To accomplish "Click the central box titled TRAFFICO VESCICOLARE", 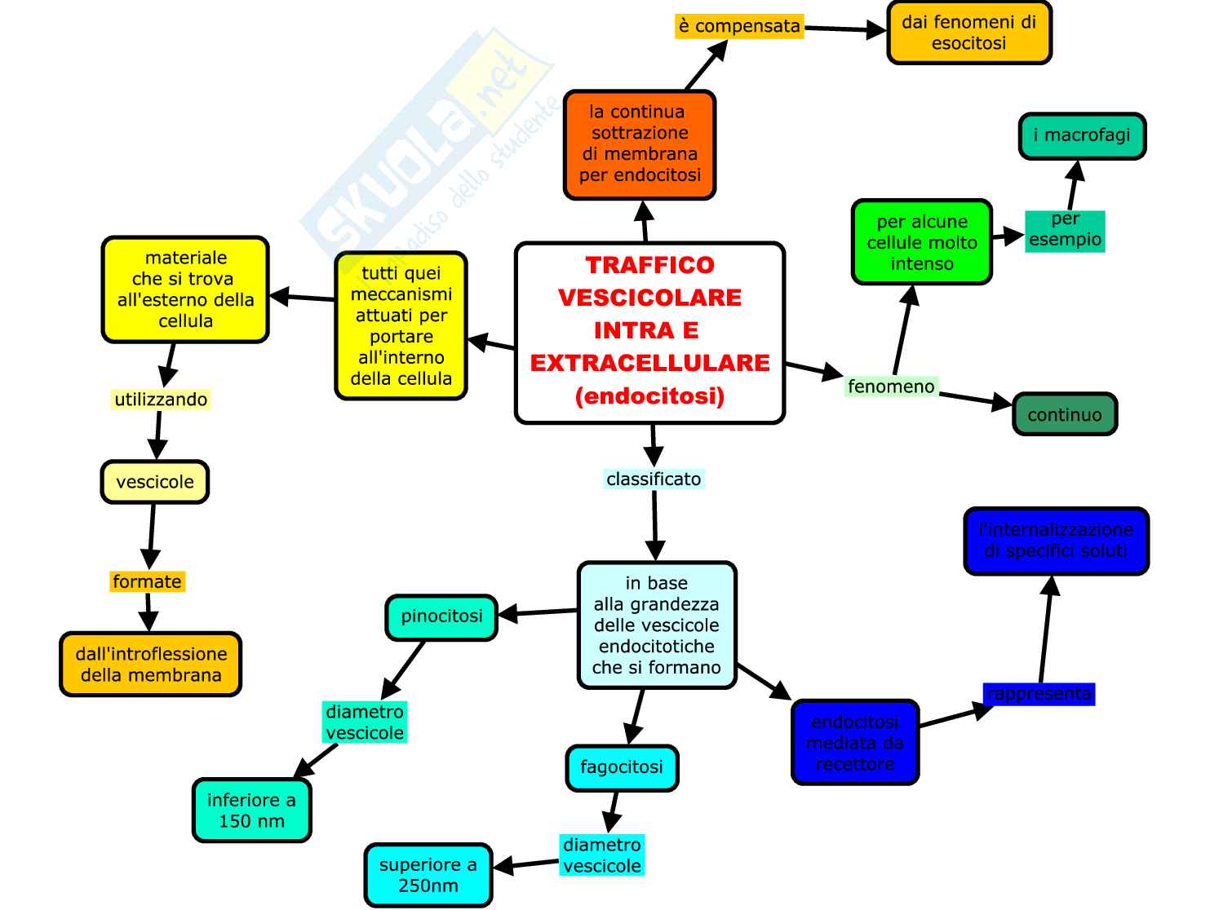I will point(649,332).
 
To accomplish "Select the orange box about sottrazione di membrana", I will point(640,144).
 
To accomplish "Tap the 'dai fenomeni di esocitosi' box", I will point(968,33).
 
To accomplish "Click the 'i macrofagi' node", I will point(1082,135).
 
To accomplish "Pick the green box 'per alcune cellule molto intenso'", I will point(921,242).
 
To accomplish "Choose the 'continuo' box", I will point(1064,414).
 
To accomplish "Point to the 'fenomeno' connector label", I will point(891,387).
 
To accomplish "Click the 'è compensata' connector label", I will point(739,26).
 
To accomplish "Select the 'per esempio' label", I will point(1065,230).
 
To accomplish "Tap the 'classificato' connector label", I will point(654,479).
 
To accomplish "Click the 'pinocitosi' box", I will point(441,616).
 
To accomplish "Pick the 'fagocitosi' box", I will point(622,767).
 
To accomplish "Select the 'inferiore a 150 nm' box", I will point(251,811).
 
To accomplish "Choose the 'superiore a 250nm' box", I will point(428,875).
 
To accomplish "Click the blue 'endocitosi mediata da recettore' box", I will point(855,743).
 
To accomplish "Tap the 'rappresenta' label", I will point(1039,694).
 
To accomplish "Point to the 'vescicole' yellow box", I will point(155,482).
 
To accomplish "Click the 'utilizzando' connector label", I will point(161,400).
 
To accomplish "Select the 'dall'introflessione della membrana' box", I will point(151,665).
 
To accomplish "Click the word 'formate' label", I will point(148,581).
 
